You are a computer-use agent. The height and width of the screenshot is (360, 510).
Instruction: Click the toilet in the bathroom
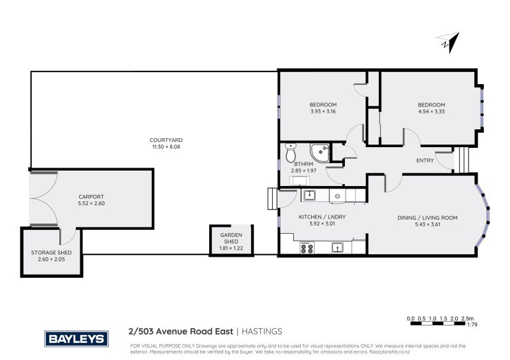(291, 154)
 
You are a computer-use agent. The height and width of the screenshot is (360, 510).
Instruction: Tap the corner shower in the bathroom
(318, 152)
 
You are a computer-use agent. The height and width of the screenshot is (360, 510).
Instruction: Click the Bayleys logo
(75, 338)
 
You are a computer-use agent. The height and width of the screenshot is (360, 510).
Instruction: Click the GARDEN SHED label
(231, 238)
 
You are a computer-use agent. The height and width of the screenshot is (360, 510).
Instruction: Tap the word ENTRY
(425, 161)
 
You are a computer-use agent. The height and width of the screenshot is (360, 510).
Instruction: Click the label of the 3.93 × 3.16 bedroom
(323, 104)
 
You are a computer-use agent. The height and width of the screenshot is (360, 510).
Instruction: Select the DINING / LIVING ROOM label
(427, 218)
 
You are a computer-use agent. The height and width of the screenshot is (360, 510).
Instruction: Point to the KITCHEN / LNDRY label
(323, 217)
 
